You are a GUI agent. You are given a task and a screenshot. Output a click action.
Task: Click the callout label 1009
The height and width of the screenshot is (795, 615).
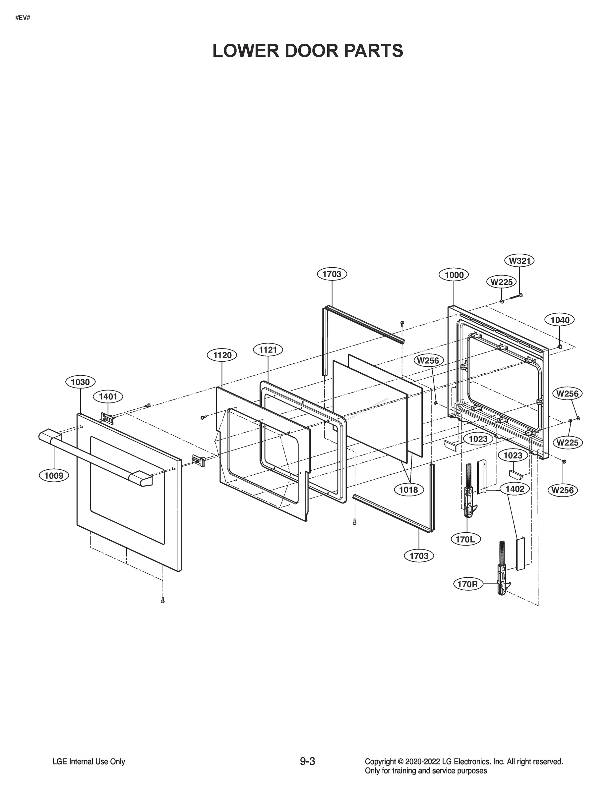click(x=54, y=475)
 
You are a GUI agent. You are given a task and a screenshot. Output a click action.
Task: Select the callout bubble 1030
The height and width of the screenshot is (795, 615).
click(x=80, y=382)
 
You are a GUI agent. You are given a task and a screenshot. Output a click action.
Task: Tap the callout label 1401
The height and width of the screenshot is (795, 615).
click(x=108, y=397)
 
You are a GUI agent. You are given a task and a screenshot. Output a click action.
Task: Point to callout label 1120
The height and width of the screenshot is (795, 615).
click(x=222, y=355)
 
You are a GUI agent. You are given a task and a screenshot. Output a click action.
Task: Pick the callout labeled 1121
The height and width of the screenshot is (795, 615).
click(x=268, y=350)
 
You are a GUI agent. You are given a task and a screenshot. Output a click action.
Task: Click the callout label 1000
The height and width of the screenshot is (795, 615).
click(x=454, y=275)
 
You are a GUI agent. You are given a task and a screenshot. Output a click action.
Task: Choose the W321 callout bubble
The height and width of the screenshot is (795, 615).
click(x=520, y=261)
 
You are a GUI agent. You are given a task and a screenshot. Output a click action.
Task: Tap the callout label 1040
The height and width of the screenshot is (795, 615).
click(x=560, y=320)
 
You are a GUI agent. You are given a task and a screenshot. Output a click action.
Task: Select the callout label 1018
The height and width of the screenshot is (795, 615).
click(x=408, y=490)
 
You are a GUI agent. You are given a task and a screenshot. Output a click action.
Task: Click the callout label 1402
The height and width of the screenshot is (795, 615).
click(x=515, y=489)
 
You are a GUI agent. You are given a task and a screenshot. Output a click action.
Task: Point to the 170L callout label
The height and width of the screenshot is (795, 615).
click(x=465, y=539)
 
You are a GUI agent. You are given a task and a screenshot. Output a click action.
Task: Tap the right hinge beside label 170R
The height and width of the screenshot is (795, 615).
click(x=502, y=575)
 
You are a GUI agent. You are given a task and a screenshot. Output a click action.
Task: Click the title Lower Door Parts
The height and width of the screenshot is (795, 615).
click(x=308, y=51)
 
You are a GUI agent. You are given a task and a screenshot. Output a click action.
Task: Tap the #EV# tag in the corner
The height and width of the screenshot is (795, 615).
click(x=23, y=17)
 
